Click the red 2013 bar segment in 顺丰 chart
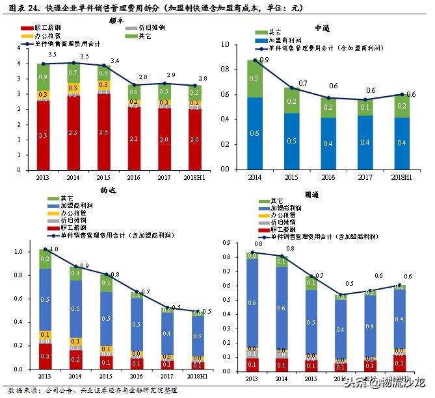pos(43,134)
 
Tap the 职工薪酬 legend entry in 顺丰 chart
pos(46,29)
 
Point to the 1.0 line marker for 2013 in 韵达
pos(46,249)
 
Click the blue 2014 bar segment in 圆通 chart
pos(282,308)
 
